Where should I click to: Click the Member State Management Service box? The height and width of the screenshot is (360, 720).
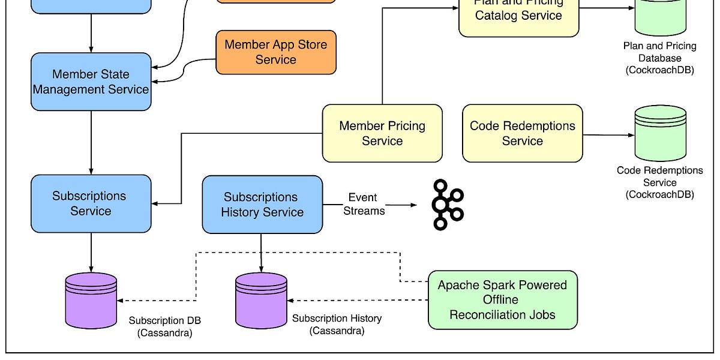coord(91,82)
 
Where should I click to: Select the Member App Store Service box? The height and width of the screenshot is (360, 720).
coord(275,52)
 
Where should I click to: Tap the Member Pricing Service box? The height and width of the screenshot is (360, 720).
coord(382,133)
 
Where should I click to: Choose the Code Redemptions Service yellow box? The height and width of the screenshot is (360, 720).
coord(522,133)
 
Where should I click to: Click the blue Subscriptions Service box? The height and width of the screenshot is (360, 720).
coord(91,203)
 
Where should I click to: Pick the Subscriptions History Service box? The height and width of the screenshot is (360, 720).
coord(262,205)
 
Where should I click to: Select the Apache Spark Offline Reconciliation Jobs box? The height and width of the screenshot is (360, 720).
coord(502,299)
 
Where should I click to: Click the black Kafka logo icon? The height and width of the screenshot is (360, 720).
coord(448,205)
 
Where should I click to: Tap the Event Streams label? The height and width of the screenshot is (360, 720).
coord(363,204)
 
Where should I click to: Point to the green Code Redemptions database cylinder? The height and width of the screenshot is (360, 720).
coord(660,133)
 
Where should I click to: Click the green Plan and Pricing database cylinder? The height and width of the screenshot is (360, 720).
coord(660,18)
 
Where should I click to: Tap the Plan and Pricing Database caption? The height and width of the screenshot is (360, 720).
coord(660,58)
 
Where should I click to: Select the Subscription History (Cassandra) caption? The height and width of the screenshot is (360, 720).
coord(337,325)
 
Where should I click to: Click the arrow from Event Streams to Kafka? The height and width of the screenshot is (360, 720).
coord(402,205)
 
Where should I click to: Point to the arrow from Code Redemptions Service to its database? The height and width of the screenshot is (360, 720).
coord(608,135)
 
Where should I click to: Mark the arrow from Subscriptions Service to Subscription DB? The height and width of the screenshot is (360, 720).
coord(91,252)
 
